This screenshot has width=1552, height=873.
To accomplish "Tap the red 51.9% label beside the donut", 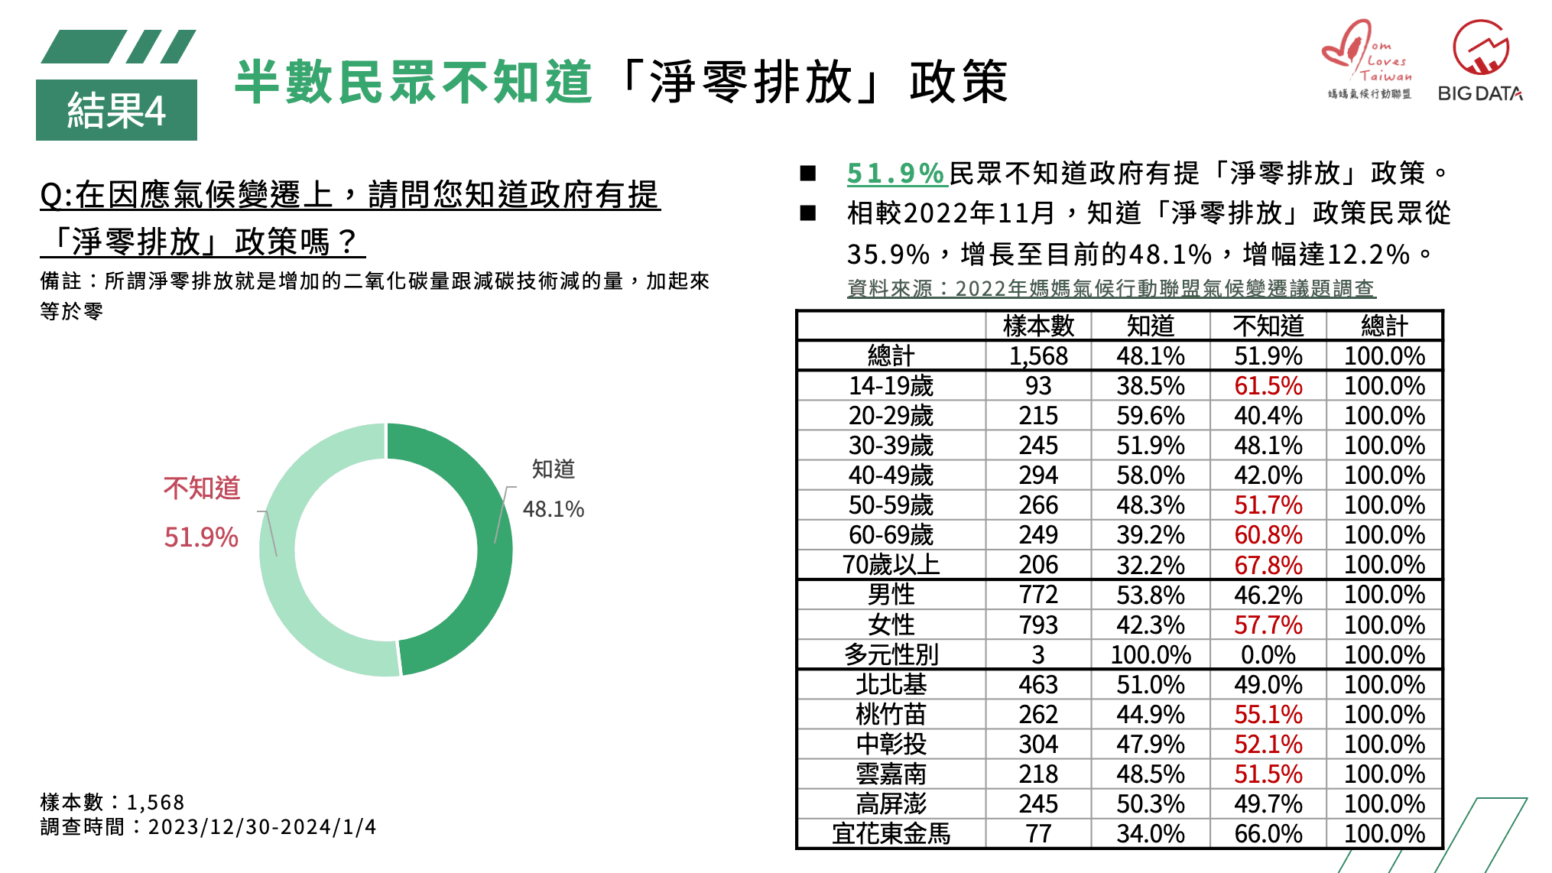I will (201, 537).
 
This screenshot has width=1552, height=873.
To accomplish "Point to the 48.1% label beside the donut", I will (553, 509).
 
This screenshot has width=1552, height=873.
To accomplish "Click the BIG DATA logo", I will (1480, 61).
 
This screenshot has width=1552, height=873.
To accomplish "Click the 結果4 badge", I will (116, 110).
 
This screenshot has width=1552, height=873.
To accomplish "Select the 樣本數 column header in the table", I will (1038, 326).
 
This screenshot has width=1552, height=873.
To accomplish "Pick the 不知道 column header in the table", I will (1268, 326).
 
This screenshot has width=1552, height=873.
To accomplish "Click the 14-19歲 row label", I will (891, 386).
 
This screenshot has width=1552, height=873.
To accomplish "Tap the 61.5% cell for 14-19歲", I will (1268, 386).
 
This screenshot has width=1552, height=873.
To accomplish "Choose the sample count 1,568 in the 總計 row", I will (1038, 356).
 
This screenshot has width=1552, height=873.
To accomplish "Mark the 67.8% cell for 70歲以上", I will (1268, 565).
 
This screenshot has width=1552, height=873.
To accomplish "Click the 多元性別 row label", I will (891, 655).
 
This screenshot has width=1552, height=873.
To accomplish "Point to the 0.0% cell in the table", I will (1268, 655).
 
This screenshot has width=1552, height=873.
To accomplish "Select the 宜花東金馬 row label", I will (891, 834).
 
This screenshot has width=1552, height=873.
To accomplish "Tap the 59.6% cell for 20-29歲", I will (1150, 416).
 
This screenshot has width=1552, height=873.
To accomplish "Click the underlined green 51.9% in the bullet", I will (896, 174).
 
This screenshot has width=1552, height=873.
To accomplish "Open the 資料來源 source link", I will (1111, 288).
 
